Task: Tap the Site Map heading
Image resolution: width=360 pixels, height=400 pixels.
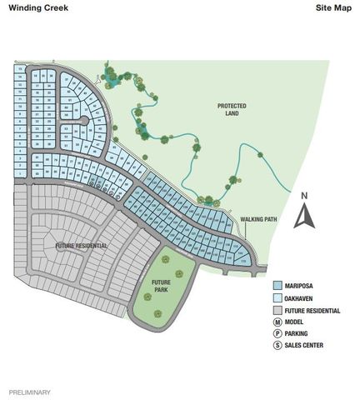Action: click(x=333, y=7)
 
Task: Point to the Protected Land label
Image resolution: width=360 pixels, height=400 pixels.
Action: click(x=236, y=110)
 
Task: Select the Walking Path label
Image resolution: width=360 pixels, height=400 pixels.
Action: click(x=257, y=219)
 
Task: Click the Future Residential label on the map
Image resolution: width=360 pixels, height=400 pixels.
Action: click(x=81, y=247)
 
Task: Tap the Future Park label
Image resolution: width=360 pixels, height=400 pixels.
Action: click(x=161, y=286)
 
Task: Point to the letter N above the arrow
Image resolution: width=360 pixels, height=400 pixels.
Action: click(x=305, y=197)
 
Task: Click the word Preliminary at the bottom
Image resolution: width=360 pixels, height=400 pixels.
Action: click(x=29, y=391)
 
